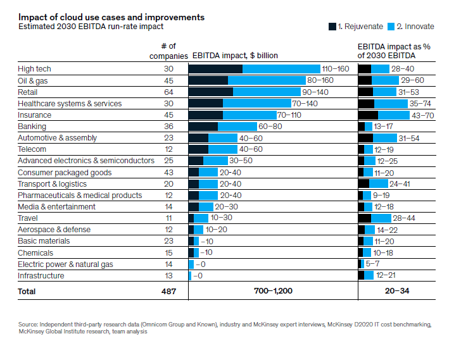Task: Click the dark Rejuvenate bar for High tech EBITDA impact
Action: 215,69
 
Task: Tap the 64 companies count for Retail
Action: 168,92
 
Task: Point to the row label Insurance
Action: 35,115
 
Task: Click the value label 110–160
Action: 336,69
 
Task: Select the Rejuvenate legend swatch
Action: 332,26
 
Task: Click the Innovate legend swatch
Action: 391,26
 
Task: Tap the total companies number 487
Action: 167,292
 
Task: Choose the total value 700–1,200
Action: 273,292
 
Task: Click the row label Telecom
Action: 32,149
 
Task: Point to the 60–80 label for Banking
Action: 270,127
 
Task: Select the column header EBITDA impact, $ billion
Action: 235,56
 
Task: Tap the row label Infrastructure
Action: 41,276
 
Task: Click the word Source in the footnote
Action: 29,325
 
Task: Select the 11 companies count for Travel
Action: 168,218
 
